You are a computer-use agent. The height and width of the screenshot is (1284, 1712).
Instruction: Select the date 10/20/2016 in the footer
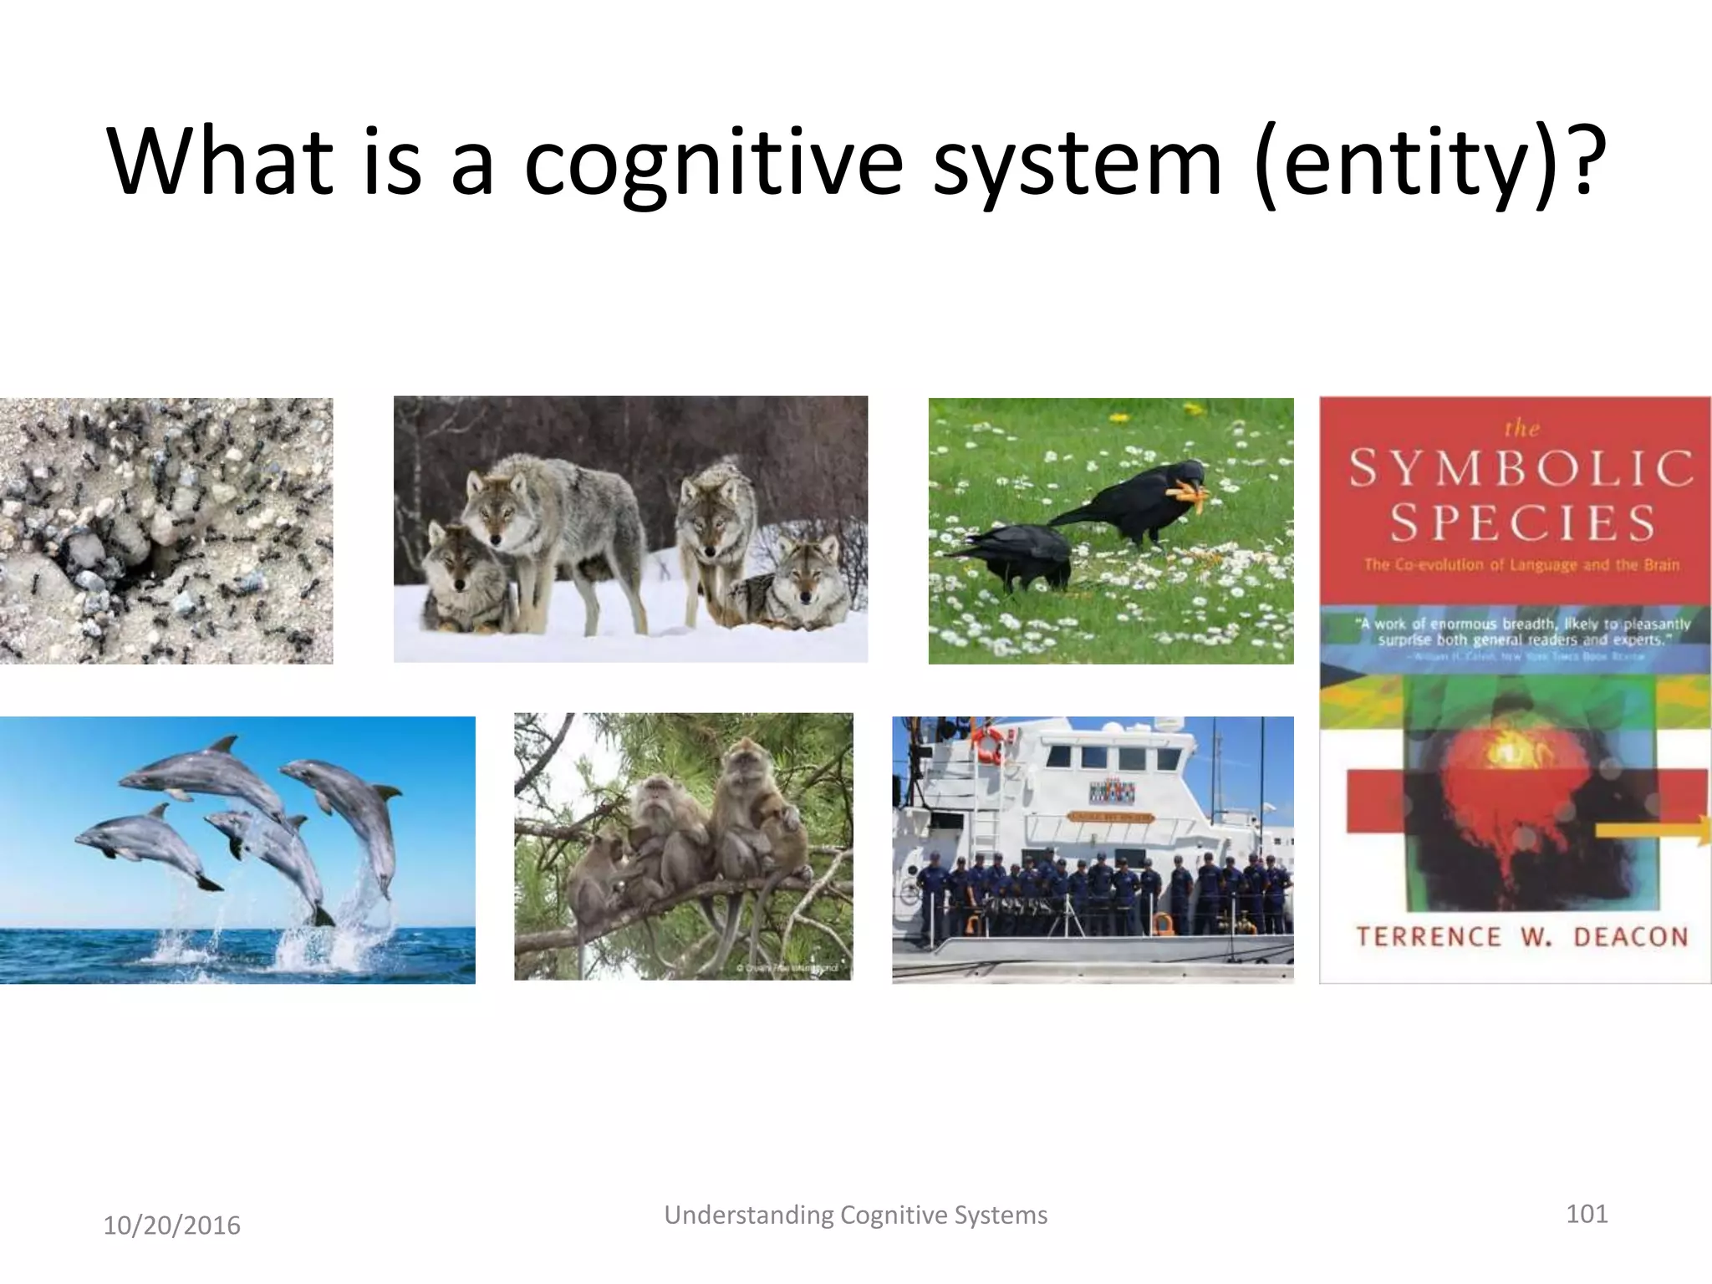tap(171, 1225)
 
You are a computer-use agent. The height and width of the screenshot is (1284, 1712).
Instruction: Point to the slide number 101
tap(1586, 1213)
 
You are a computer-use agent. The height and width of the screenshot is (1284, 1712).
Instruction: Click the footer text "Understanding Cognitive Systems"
tap(855, 1215)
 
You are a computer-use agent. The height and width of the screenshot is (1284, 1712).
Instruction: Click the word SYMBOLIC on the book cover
tap(1521, 468)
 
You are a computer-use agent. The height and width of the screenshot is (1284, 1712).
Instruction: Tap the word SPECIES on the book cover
tap(1521, 522)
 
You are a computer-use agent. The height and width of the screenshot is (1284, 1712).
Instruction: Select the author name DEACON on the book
tap(1630, 936)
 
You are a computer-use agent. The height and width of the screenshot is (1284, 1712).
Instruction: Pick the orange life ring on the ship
tap(989, 744)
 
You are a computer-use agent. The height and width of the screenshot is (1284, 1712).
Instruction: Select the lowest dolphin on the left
tap(142, 844)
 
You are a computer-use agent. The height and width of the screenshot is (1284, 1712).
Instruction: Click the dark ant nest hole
tap(142, 568)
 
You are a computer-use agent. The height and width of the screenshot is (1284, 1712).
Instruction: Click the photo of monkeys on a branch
tap(683, 846)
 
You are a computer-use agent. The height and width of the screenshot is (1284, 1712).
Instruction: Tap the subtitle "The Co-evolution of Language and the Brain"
tap(1521, 564)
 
